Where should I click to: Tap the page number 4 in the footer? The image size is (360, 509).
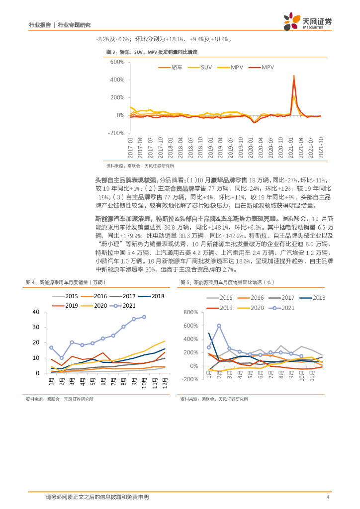[328, 497]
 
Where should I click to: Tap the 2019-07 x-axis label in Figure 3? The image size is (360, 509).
[230, 148]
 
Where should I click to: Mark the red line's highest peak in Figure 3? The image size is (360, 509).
[294, 77]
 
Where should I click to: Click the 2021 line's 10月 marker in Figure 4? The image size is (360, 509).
[144, 317]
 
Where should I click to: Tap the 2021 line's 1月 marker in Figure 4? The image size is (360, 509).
[51, 347]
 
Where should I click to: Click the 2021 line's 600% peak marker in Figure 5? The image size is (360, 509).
[219, 326]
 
